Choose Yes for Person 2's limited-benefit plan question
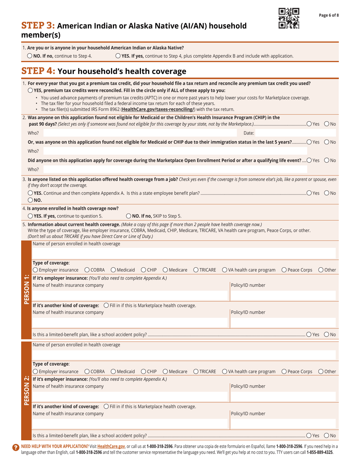309,436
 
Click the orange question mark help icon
16,447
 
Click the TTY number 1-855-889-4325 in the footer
319,452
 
